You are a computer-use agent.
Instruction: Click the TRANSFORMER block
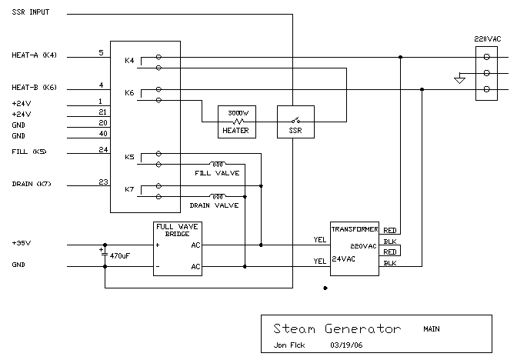click(x=355, y=245)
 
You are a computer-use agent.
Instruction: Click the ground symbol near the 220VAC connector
click(x=460, y=78)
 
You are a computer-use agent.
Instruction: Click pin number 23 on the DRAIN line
click(x=102, y=182)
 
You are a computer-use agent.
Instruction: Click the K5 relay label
click(x=129, y=158)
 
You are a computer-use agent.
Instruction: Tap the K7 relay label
click(x=129, y=190)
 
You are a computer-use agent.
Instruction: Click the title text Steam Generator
click(x=337, y=328)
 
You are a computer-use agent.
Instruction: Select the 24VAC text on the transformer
click(x=345, y=259)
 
